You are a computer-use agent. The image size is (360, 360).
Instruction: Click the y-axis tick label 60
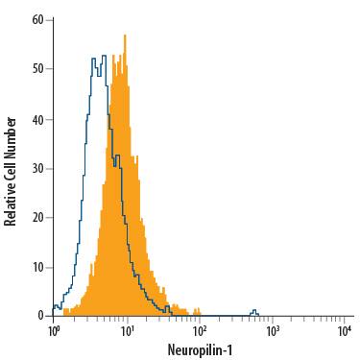click(x=37, y=19)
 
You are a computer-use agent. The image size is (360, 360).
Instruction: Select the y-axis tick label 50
click(x=37, y=68)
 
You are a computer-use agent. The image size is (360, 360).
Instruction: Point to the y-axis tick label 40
click(x=37, y=118)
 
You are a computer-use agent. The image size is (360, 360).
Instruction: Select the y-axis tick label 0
click(x=40, y=315)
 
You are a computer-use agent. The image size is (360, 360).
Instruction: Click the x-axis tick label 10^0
click(x=54, y=331)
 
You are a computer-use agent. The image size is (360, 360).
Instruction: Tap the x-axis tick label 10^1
click(x=127, y=331)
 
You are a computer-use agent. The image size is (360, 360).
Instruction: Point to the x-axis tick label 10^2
click(x=199, y=331)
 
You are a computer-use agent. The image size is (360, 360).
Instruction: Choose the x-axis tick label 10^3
click(x=272, y=331)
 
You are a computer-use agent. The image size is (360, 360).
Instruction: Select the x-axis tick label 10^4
click(x=344, y=331)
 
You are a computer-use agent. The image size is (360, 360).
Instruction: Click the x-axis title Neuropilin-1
click(x=199, y=350)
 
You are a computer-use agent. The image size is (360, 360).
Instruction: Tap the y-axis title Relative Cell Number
click(x=11, y=171)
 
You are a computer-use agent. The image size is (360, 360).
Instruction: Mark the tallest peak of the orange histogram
click(x=125, y=36)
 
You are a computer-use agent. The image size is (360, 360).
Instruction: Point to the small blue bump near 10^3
click(x=254, y=311)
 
